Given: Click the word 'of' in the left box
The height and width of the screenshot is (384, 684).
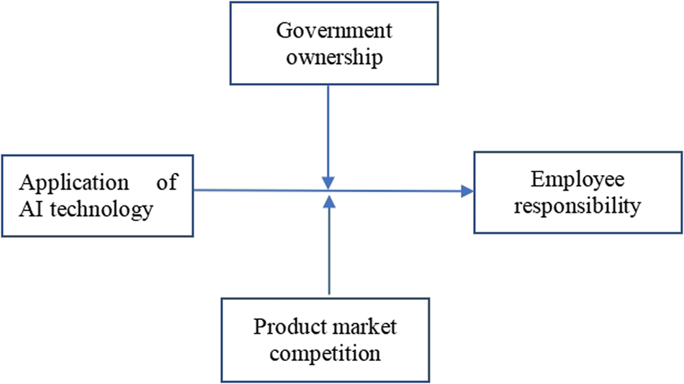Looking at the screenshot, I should coord(167,182).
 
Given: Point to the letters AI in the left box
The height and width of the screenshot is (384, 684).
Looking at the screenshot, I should coord(29,209).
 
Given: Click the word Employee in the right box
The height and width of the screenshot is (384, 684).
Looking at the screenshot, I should coord(577,180).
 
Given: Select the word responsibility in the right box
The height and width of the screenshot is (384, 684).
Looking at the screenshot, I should coord(577,206).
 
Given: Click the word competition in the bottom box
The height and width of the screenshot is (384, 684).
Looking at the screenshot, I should coord(328,353).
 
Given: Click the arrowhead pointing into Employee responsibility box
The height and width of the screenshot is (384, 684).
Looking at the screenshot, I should coord(467,191).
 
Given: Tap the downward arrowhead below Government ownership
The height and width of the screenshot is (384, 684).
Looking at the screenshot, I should coord(328,181).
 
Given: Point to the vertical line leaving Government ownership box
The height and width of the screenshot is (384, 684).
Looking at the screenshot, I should coord(328,130).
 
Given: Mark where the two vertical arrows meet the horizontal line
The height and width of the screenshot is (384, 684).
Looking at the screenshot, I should coord(328,190).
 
